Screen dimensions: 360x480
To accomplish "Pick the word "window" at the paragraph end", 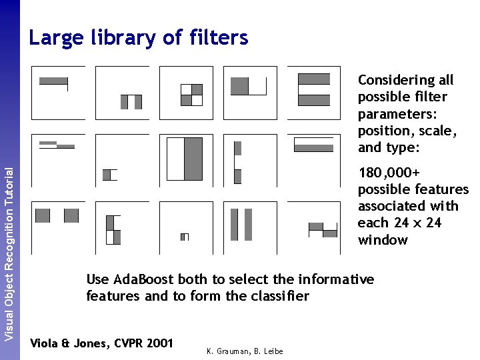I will [x=383, y=239].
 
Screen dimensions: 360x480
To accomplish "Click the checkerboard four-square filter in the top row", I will [x=191, y=95].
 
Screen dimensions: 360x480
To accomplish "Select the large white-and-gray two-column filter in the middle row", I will [x=185, y=159].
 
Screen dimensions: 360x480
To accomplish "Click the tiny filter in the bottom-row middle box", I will [x=185, y=237].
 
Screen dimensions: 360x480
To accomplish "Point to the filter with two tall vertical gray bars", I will [x=241, y=224].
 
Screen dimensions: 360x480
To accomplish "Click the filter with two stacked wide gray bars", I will [x=313, y=89].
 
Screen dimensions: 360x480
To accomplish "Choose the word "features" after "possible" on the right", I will [x=440, y=189].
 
